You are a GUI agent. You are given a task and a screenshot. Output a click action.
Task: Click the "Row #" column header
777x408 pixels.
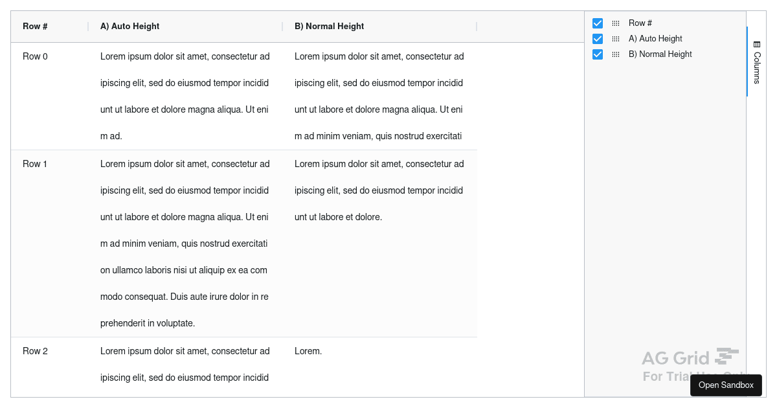[x=36, y=27]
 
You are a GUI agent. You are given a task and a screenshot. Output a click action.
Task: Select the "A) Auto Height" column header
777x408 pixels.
[x=129, y=27]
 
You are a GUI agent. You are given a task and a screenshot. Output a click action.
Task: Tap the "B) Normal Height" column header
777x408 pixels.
[x=329, y=27]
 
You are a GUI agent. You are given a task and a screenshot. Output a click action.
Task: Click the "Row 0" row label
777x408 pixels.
[x=35, y=56]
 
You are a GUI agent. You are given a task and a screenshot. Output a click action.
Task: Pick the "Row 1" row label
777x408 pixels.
[x=35, y=164]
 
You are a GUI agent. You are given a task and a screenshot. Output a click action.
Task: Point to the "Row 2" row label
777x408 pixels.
[x=35, y=351]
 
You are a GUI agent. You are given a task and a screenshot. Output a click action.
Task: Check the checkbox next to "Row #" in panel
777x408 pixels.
[x=598, y=23]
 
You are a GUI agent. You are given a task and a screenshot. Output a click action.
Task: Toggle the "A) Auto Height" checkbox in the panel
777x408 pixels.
[x=598, y=39]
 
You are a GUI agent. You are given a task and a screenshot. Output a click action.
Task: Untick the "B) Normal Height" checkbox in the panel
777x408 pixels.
[x=598, y=54]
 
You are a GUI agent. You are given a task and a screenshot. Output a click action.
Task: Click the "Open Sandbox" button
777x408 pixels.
[x=726, y=385]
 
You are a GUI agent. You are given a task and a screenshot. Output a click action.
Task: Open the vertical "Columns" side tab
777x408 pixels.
[x=756, y=62]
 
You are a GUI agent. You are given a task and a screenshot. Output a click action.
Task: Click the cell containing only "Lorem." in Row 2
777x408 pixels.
[x=308, y=351]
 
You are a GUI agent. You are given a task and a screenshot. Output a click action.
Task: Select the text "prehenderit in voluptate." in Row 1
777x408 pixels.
[x=148, y=323]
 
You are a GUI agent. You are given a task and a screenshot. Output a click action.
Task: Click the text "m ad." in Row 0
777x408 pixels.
[x=111, y=137]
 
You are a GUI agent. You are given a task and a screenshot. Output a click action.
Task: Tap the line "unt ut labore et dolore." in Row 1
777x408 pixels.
[x=338, y=217]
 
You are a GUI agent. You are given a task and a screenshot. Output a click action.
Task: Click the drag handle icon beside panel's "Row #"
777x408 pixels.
[x=616, y=23]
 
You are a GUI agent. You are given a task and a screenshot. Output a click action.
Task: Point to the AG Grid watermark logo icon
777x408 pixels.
[x=726, y=356]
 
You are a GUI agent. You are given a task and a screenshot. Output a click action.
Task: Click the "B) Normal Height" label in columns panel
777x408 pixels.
[x=660, y=54]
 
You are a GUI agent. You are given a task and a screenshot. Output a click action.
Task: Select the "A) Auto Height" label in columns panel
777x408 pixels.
[x=655, y=39]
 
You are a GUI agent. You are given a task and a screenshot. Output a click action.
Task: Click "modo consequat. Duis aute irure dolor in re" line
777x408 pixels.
[x=185, y=297]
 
